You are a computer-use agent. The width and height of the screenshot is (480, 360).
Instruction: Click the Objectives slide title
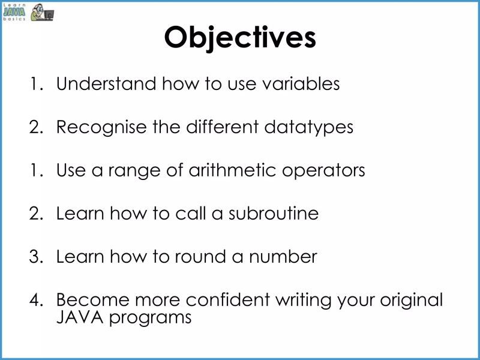[240, 37]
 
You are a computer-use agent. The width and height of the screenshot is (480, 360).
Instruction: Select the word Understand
[105, 84]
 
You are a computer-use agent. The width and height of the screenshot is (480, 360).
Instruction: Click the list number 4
[36, 300]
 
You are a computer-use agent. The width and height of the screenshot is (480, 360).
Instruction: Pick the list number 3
[36, 257]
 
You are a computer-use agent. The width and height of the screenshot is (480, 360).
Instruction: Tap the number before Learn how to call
[36, 214]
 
